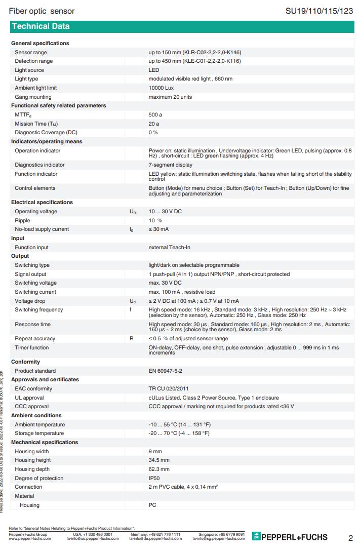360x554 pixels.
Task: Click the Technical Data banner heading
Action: coord(41,26)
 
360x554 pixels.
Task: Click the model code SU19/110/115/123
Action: coord(319,11)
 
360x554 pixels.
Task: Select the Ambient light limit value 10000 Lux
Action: coord(161,88)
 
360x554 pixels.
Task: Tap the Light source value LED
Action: coord(154,70)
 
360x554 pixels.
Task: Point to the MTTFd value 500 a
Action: coord(155,115)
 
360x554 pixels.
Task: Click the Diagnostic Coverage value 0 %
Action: coord(153,132)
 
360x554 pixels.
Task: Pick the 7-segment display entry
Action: coord(171,165)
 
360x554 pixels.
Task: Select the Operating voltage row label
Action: coord(36,211)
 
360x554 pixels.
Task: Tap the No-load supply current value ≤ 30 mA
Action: coord(158,229)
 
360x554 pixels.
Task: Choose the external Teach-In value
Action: coord(169,247)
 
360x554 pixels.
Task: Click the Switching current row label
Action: coord(35,292)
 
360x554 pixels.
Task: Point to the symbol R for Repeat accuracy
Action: coord(132,338)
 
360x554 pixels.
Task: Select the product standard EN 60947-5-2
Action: coord(166,371)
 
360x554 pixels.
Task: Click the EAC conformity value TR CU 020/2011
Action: coord(168,388)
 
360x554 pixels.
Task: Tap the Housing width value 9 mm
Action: coord(155,451)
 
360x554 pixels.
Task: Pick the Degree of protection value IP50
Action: coord(154,478)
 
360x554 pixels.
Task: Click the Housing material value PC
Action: coord(152,505)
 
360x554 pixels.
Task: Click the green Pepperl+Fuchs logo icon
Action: coord(256,537)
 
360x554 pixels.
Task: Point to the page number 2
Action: coord(350,538)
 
